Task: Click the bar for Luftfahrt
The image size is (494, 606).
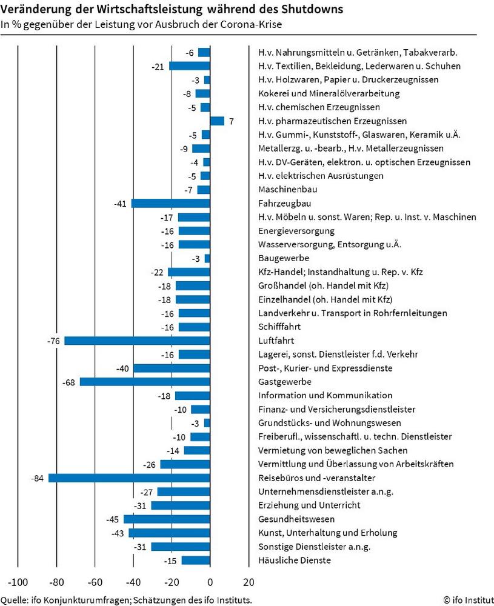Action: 137,341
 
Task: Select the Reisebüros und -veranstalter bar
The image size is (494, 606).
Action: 130,478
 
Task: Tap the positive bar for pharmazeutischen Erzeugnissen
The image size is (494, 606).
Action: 217,121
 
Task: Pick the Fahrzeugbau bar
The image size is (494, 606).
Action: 171,203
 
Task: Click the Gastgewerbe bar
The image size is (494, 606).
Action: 145,382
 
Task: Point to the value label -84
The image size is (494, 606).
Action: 37,479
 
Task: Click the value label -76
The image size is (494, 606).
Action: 53,341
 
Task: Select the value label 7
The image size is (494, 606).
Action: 231,121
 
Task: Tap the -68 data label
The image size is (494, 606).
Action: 69,382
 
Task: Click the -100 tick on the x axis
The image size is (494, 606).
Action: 18,582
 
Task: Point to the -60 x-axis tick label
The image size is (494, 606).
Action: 95,582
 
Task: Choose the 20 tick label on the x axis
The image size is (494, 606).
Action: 249,582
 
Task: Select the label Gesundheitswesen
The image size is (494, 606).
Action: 296,519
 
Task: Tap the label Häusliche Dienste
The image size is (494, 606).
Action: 295,561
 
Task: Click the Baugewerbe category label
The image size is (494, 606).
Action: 284,258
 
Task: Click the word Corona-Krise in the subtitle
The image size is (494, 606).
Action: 252,24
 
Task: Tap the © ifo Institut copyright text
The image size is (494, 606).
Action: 469,600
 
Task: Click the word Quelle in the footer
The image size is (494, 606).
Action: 14,600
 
